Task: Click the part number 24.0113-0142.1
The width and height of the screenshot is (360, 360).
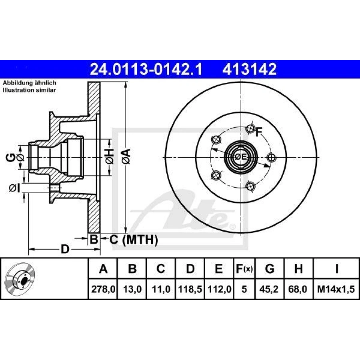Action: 147,70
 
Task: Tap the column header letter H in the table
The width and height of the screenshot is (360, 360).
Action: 298,269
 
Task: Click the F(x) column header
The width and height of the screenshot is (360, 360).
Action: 244,269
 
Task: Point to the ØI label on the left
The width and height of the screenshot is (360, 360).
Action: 14,187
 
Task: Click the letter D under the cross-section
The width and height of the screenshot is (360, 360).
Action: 64,250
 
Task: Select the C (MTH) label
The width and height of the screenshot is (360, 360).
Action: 134,240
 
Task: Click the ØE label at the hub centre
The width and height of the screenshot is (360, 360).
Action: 240,157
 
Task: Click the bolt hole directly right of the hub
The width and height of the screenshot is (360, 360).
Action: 271,157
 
